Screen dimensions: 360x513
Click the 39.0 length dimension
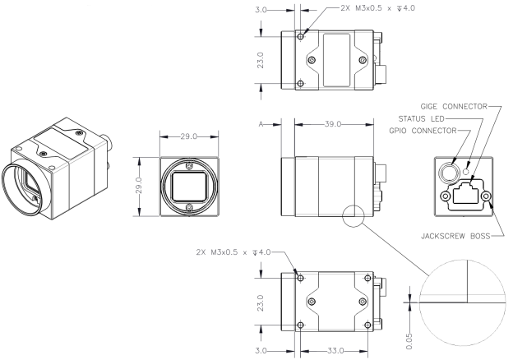[330, 124]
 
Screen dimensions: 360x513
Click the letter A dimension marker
[261, 124]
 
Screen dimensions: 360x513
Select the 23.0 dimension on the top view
[260, 60]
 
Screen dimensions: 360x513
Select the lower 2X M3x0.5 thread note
[233, 252]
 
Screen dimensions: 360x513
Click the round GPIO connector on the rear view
[448, 173]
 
